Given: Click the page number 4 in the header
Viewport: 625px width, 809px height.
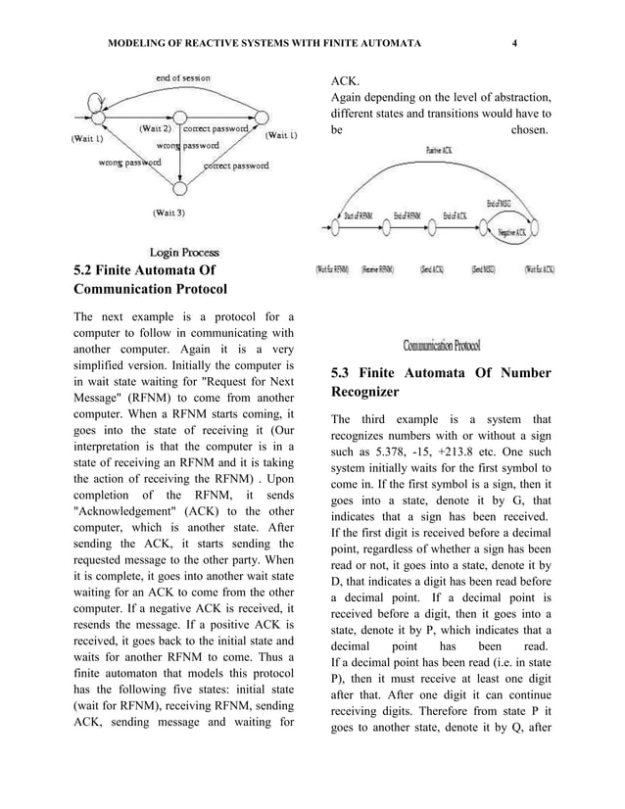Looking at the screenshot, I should [x=513, y=44].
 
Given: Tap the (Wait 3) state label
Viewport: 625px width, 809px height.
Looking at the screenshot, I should [x=170, y=211].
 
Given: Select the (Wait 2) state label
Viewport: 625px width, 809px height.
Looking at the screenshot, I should [x=155, y=127].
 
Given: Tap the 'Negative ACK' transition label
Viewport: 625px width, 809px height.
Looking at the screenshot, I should [x=518, y=233].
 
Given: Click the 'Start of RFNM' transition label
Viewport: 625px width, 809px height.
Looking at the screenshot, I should [x=360, y=216].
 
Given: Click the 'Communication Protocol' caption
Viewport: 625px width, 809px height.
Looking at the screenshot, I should [x=442, y=345].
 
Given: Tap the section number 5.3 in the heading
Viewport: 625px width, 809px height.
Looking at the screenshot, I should [x=342, y=373].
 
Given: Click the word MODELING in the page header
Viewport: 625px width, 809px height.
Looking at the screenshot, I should [x=140, y=44].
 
